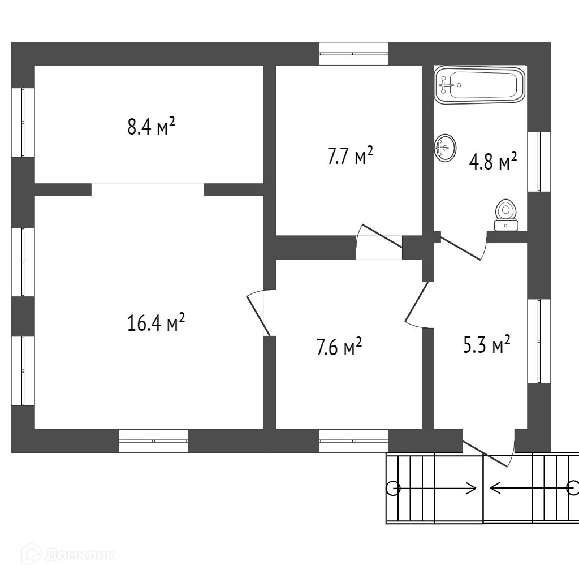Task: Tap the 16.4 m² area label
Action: [156, 323]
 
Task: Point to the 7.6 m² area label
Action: [339, 347]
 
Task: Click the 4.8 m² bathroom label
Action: [493, 162]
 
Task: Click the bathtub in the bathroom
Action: [479, 85]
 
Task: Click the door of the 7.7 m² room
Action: [379, 241]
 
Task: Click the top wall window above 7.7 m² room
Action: [353, 54]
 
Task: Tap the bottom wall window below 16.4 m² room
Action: [153, 441]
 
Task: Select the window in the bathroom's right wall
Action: [539, 162]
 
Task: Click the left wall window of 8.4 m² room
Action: [23, 122]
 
